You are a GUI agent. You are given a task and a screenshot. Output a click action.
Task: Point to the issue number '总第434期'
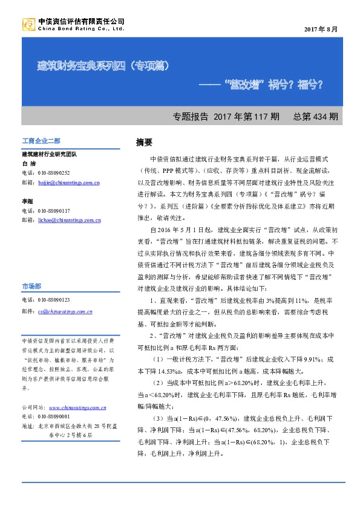tap(315, 116)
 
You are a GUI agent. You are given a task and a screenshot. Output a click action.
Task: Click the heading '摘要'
tap(144, 143)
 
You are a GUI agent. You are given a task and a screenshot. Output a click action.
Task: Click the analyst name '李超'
tap(28, 201)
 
